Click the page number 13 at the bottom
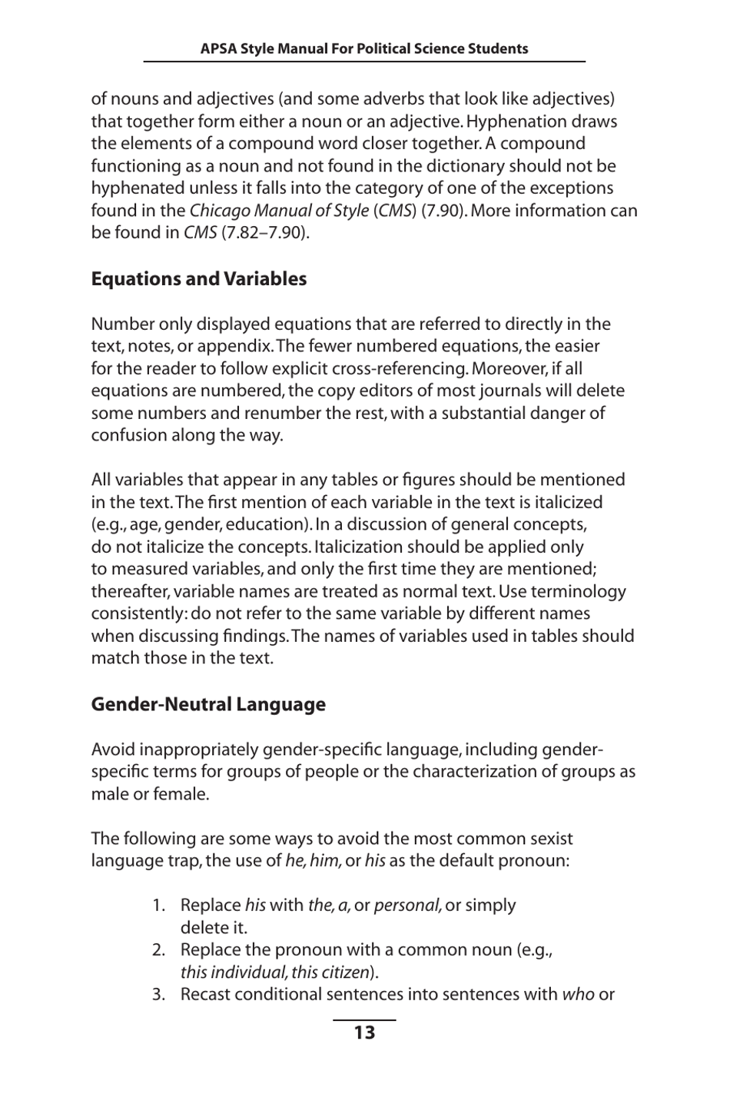click(x=364, y=1032)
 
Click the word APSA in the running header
click(x=218, y=49)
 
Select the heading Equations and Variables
click(x=198, y=279)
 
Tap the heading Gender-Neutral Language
click(x=207, y=704)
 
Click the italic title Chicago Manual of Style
click(x=279, y=211)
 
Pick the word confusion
click(x=128, y=435)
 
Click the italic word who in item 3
click(x=578, y=995)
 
